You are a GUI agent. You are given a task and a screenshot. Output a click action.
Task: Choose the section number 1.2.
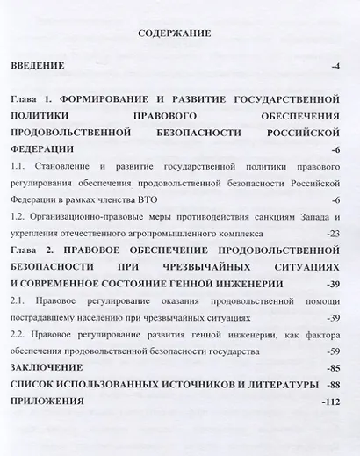pos(19,217)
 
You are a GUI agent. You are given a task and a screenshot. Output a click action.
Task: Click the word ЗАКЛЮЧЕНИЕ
pos(48,366)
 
